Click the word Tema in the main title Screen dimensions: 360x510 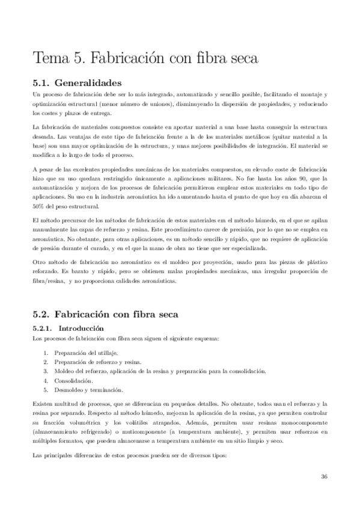coord(50,59)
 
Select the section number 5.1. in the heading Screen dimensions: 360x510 coord(41,83)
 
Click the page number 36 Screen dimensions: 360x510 coord(324,476)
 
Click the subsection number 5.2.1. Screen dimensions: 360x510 coord(43,328)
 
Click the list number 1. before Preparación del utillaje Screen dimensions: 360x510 coord(47,352)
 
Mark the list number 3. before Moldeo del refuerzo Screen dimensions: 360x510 coord(47,371)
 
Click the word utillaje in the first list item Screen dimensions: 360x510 coord(106,352)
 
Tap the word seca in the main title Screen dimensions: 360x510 coord(243,59)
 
